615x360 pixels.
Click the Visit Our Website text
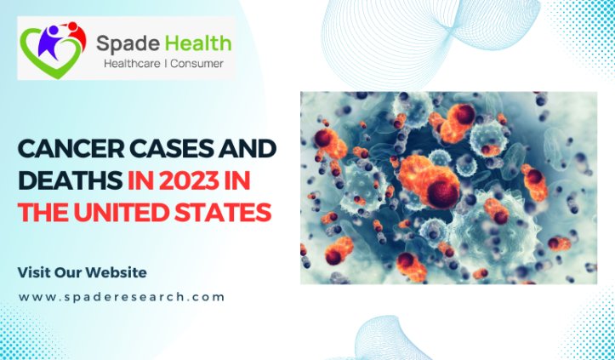click(x=82, y=272)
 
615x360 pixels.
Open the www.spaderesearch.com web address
click(x=122, y=297)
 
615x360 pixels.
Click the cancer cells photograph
click(x=448, y=187)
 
